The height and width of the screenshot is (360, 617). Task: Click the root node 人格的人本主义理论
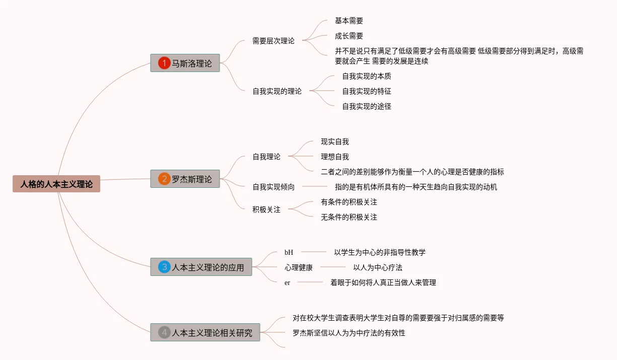[x=56, y=184]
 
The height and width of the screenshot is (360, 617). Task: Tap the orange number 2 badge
[x=164, y=179]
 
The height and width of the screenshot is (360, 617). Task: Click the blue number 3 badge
[x=164, y=267]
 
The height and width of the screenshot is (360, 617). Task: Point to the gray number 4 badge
[x=164, y=332]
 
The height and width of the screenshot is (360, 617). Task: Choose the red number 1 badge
[x=164, y=63]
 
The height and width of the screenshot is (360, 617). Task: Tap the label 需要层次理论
[x=273, y=41]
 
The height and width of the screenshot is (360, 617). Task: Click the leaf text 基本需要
[x=349, y=21]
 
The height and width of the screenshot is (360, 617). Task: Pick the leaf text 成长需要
[x=349, y=36]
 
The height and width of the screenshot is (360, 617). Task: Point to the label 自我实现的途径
[x=367, y=106]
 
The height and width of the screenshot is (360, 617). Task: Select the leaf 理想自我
[x=335, y=157]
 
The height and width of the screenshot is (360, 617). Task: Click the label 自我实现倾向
[x=273, y=187]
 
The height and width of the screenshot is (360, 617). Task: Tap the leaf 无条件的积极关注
[x=349, y=217]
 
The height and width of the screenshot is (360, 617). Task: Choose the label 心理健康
[x=299, y=267]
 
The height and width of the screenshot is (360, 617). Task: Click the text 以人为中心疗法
[x=378, y=267]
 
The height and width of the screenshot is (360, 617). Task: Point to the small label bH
[x=289, y=252]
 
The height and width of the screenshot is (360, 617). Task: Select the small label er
[x=287, y=282]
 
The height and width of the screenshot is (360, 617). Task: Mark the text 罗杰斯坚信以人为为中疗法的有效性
[x=349, y=333]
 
